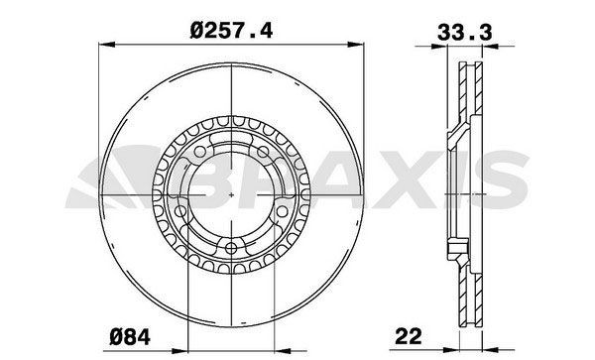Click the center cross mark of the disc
230,194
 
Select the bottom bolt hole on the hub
230,249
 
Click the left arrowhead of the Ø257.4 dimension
107,45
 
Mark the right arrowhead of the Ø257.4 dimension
353,45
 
